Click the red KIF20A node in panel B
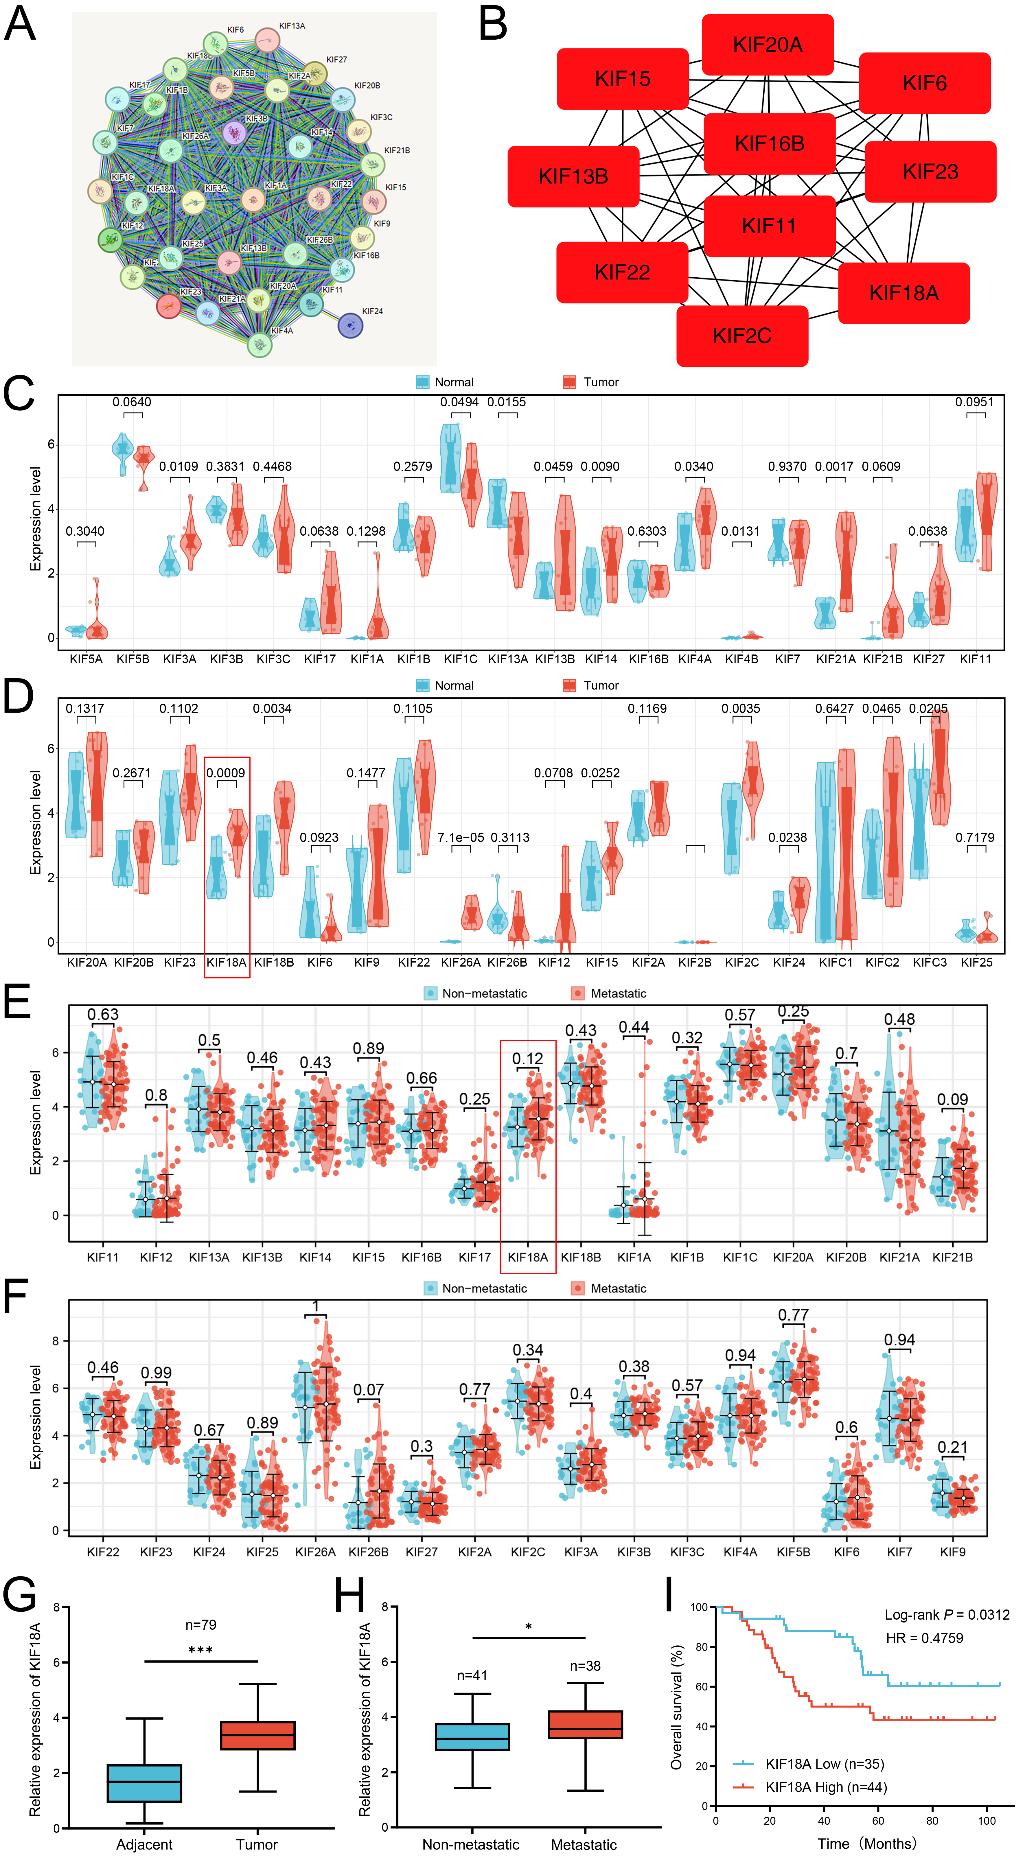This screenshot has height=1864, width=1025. click(x=767, y=45)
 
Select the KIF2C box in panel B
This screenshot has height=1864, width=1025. click(x=742, y=336)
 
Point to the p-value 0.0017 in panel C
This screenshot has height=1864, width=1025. click(x=834, y=467)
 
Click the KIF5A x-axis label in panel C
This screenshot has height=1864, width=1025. click(x=86, y=659)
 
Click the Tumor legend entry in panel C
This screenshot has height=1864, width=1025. click(x=601, y=382)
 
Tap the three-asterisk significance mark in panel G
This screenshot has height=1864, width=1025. click(x=200, y=1651)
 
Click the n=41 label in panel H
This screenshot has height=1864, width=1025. click(x=472, y=1676)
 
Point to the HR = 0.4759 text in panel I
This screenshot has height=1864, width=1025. click(x=924, y=1638)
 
